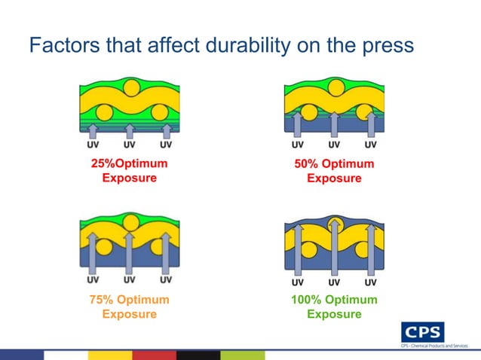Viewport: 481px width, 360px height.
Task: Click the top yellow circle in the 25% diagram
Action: pos(130,88)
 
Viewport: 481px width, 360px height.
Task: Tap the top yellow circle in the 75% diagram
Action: pos(130,223)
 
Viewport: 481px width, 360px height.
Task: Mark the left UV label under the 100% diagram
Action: pos(299,282)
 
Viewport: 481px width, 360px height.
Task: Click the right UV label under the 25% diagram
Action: pos(165,145)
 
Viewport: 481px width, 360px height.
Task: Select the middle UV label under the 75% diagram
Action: pos(129,280)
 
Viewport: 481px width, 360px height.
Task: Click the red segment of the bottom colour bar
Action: pos(154,355)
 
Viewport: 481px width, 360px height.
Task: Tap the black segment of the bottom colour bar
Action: pos(198,355)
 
